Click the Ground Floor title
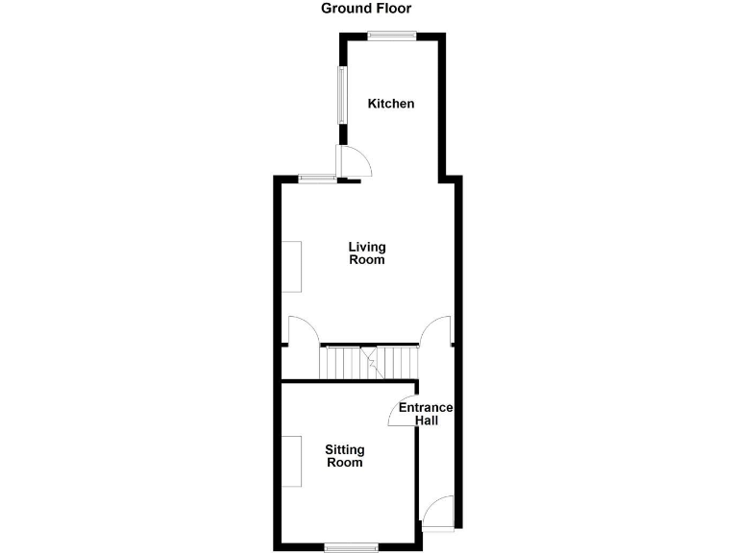pos(366,9)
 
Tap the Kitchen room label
pos(391,104)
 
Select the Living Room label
pos(367,253)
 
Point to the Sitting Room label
pos(344,456)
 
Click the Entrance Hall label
pos(426,414)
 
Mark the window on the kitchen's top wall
pos(392,36)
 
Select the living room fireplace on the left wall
pos(292,266)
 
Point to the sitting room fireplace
pos(292,462)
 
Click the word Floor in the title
pos(394,9)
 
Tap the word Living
pos(367,247)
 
